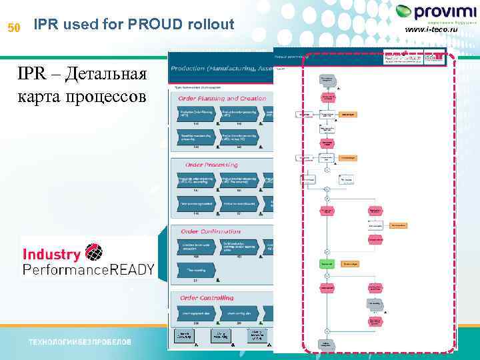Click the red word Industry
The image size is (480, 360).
(52, 254)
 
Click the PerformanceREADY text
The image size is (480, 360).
(89, 269)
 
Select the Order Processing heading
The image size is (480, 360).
(211, 165)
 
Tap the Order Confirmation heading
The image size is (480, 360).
(213, 231)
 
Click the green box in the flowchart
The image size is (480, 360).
(327, 264)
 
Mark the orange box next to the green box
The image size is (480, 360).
(350, 264)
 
